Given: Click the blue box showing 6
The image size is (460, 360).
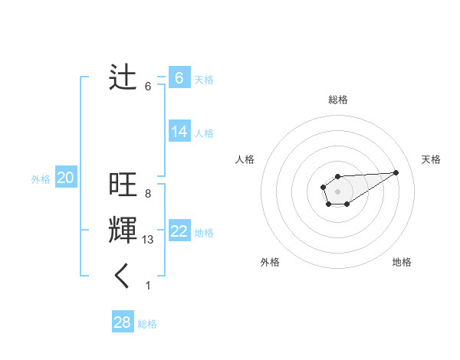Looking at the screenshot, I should [179, 77].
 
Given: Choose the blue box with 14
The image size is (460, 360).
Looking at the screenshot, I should [179, 132].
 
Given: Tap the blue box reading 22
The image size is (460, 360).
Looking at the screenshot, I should [179, 231].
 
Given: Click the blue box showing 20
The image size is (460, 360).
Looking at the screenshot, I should [65, 178].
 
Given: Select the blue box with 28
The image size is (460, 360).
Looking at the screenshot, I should [122, 322].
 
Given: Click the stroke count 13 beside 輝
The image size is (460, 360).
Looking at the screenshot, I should [148, 240].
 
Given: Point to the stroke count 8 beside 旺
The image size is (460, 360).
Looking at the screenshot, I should [147, 194].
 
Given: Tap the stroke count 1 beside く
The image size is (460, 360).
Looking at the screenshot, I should [148, 286].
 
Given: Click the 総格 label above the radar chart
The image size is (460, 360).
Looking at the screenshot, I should [337, 100].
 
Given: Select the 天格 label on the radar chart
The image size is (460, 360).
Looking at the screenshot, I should [431, 159].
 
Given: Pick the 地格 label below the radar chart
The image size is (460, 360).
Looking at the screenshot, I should [402, 262].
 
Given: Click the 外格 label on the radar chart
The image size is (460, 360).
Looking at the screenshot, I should [270, 262].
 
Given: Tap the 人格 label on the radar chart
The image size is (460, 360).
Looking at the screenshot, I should [245, 159].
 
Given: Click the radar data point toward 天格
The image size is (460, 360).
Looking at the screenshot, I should [396, 172].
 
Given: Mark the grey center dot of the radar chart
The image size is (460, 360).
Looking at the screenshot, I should [337, 191].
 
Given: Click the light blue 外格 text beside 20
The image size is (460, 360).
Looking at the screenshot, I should [41, 179].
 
